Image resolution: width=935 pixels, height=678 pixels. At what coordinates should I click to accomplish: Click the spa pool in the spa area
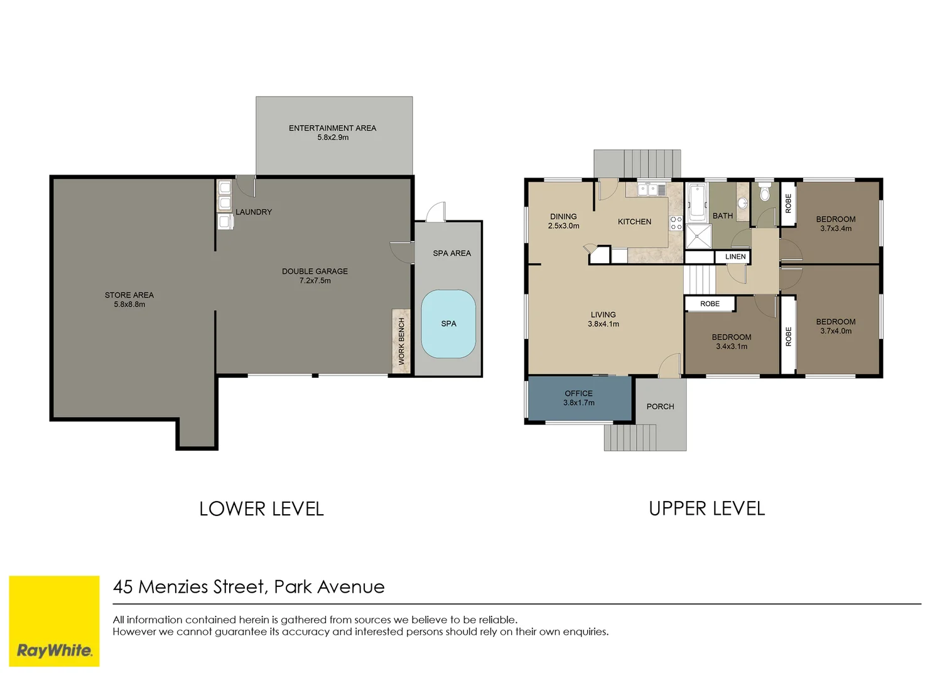point(448,324)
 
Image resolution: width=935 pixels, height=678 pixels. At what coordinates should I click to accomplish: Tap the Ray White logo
point(54,650)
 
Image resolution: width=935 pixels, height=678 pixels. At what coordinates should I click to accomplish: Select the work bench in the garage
point(401,341)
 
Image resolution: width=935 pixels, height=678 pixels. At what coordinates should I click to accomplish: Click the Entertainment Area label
point(332,128)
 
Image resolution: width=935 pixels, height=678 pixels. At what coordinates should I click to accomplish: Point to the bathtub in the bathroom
point(696,202)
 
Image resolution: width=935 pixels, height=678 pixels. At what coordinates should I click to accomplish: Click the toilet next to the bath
point(764,192)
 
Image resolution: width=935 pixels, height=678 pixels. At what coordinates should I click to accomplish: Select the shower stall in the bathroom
point(698,237)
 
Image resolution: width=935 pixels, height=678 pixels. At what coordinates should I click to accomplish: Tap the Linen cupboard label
point(735,257)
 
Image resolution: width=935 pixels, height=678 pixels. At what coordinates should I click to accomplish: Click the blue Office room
point(579,398)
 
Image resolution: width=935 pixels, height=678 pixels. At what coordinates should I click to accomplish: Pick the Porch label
point(660,407)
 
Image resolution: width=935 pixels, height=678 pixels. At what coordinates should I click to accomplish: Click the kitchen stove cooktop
point(676,223)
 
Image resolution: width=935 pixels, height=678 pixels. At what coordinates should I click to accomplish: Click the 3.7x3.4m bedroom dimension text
point(836,229)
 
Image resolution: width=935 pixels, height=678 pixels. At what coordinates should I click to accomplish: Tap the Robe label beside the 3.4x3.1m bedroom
point(710,304)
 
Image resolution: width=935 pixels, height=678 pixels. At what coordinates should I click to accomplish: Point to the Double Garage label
point(315,271)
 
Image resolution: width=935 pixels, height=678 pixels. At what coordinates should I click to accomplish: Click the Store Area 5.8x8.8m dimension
point(129,304)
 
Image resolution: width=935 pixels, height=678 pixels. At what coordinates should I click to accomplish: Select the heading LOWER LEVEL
point(261,508)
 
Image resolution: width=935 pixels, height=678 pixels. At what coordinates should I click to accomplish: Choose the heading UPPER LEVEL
point(706,508)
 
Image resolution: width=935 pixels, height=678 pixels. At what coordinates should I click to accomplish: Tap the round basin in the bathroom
point(742,203)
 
